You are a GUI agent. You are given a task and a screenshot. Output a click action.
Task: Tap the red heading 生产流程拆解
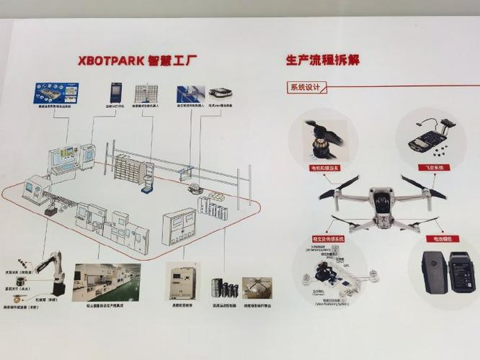322,60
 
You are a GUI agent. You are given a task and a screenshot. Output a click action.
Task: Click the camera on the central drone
382,202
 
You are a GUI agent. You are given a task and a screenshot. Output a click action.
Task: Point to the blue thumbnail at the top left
55,94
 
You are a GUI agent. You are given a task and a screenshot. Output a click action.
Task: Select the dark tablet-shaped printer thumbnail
116,93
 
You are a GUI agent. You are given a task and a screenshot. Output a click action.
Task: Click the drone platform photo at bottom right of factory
257,288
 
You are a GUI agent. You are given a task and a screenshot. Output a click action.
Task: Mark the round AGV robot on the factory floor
193,189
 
